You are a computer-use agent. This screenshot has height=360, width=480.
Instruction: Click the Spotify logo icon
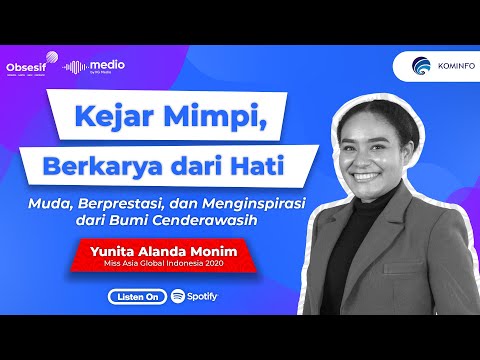click(177, 297)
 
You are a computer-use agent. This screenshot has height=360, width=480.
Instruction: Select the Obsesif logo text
click(27, 66)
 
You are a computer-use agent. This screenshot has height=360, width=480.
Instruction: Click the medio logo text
click(109, 64)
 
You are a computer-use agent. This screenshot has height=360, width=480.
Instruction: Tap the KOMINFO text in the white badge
click(455, 68)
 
